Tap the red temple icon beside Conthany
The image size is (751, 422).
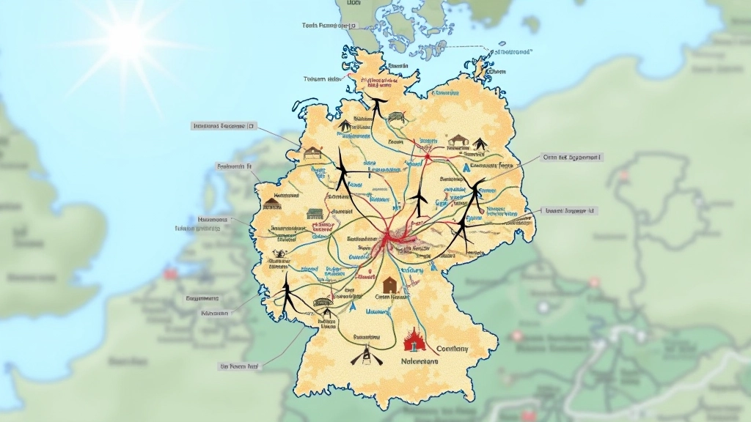coord(415,339)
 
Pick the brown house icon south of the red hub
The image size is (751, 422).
coord(390,284)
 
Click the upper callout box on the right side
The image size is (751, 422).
coord(572,157)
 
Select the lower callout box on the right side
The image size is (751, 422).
coord(571,210)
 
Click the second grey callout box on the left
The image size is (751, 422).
coord(234,166)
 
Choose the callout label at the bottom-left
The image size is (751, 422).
coord(239,365)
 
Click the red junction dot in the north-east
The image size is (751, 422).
coord(428,155)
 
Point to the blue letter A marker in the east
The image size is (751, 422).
coord(464,168)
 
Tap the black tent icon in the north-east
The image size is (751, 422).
coord(480,144)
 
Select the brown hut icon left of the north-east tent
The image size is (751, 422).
coord(458,140)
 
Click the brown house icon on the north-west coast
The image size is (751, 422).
coord(313,152)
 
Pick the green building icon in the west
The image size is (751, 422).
coord(315,214)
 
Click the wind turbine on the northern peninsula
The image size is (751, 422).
coord(377,105)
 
